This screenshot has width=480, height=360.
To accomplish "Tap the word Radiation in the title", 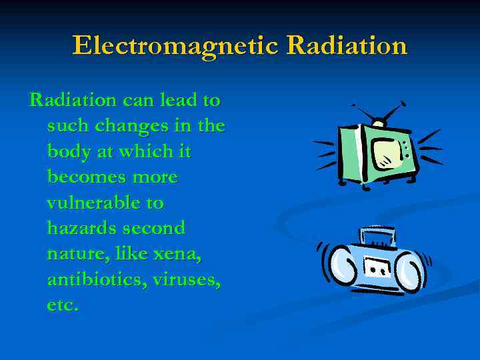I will [346, 46].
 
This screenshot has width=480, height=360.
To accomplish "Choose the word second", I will [155, 228].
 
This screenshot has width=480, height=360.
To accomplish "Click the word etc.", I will [63, 305].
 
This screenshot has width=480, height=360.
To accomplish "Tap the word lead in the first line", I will [181, 101].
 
